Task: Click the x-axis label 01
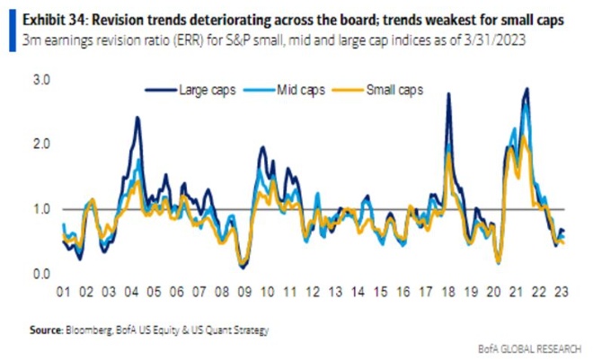[x=65, y=293]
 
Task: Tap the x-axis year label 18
[x=447, y=293]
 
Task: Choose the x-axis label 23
[x=559, y=293]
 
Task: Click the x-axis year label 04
[x=132, y=293]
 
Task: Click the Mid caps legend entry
[x=296, y=90]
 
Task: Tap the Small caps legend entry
[x=393, y=90]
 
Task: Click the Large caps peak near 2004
[x=137, y=118]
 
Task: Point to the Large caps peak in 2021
[x=526, y=89]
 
